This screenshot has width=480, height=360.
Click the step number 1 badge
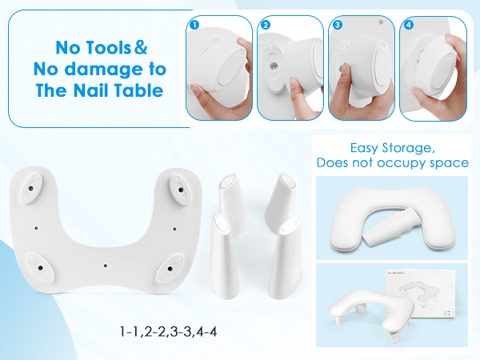click(x=194, y=25)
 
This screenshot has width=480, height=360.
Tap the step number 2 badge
click(x=265, y=25)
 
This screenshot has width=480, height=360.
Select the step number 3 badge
click(x=336, y=25)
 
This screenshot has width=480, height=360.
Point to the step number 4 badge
click(x=408, y=25)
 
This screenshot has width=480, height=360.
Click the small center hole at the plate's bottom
click(x=106, y=262)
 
